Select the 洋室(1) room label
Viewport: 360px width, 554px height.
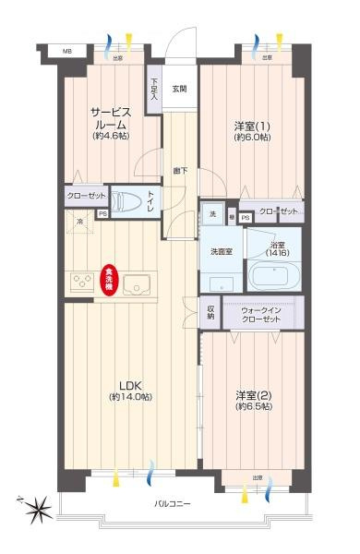point(251,130)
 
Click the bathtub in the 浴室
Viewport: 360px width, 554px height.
point(274,278)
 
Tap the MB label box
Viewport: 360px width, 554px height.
point(66,52)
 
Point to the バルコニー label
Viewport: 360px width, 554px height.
point(173,503)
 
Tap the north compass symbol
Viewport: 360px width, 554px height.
point(35,506)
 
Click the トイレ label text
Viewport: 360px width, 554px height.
point(152,200)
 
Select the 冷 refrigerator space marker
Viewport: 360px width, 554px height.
point(80,223)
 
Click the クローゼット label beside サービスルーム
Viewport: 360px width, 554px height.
point(84,196)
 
